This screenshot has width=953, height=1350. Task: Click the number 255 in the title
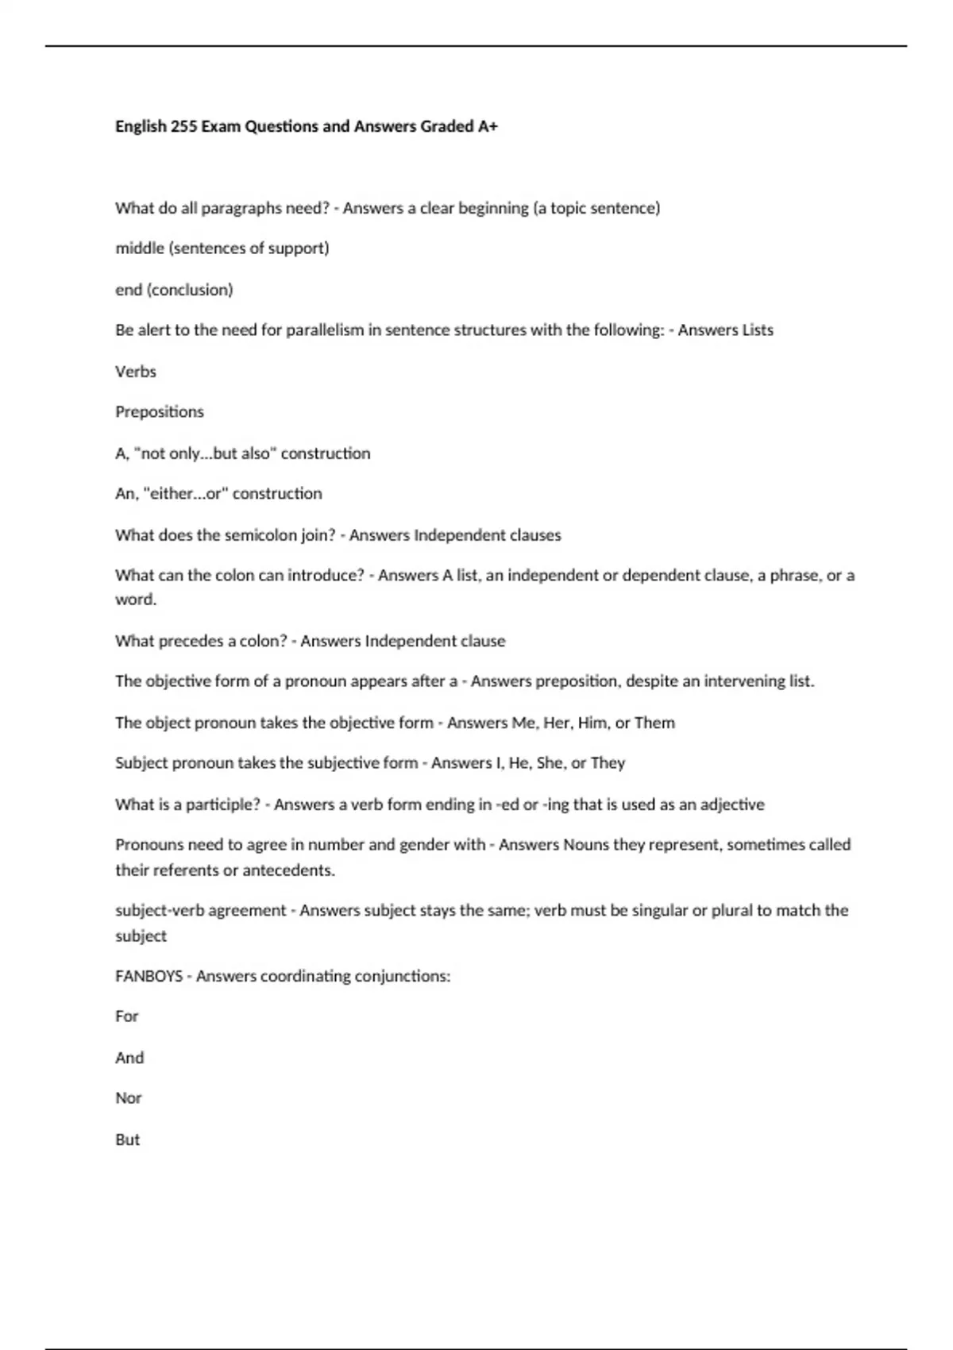183,126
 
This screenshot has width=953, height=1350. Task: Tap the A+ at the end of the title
488,126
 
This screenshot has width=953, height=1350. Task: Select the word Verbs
136,372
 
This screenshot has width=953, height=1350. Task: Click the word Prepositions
160,412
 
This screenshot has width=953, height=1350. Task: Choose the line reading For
127,1016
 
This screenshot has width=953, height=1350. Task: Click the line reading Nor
129,1098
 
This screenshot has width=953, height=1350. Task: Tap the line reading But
128,1140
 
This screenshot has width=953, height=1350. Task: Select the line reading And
129,1058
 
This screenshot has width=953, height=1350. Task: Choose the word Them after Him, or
655,723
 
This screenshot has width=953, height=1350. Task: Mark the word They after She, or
608,763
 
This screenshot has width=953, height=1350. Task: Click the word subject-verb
161,911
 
